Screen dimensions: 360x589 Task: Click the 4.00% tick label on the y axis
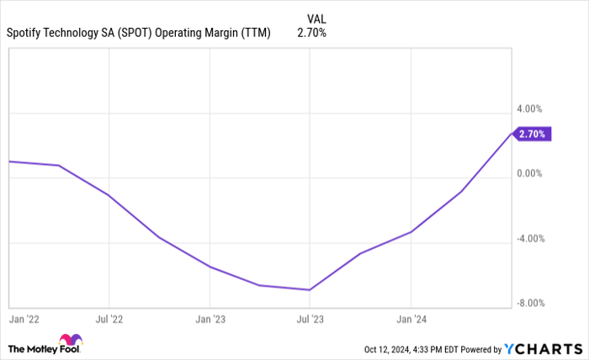click(x=530, y=109)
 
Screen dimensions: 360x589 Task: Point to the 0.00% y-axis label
click(x=530, y=174)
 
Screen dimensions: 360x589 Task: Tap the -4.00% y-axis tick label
click(x=529, y=239)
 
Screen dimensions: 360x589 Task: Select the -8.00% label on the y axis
click(x=529, y=304)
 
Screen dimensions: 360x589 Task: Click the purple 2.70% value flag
click(x=532, y=134)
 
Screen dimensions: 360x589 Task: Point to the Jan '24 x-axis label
click(x=411, y=320)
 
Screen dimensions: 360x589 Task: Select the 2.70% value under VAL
click(x=311, y=33)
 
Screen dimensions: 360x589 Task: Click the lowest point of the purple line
click(x=310, y=290)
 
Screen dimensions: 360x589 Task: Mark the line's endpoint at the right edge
click(x=511, y=134)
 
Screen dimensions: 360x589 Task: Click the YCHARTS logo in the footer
click(x=542, y=348)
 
